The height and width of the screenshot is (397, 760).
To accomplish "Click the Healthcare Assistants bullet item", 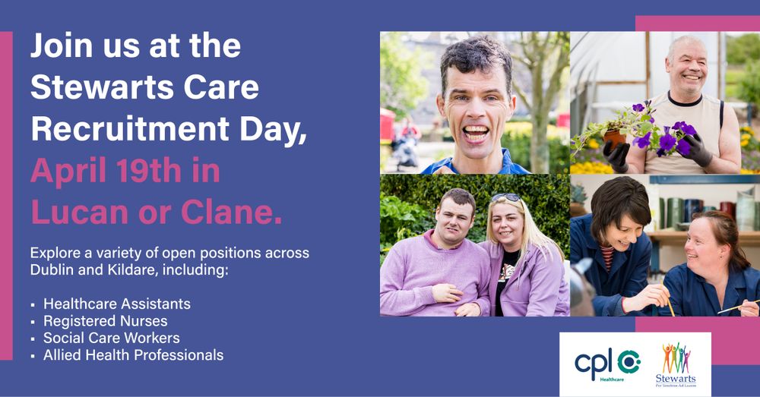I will pos(116,304).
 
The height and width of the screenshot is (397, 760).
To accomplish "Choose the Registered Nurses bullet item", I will pos(105,320).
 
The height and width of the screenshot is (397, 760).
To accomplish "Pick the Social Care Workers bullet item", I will pos(111,338).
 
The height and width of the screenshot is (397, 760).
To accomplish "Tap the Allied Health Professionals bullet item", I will pos(133,354).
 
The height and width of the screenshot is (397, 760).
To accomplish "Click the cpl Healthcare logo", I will pos(606,364).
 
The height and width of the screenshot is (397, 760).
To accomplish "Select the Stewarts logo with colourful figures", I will pos(676,364).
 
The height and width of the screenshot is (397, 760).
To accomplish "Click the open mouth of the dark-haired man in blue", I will pos(477,132).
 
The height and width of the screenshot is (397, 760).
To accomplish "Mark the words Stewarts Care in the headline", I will pos(144,88).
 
